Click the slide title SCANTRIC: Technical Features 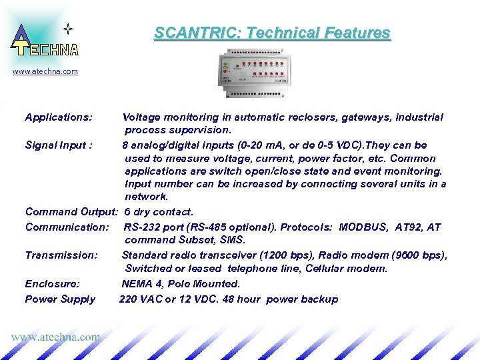pos(272,33)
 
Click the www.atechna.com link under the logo pos(45,71)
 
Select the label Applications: pos(59,117)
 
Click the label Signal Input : pos(59,145)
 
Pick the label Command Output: pos(71,212)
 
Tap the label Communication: pos(67,227)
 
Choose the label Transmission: pos(61,255)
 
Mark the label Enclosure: pos(52,284)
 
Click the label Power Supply pos(60,299)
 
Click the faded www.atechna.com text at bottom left pos(55,337)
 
